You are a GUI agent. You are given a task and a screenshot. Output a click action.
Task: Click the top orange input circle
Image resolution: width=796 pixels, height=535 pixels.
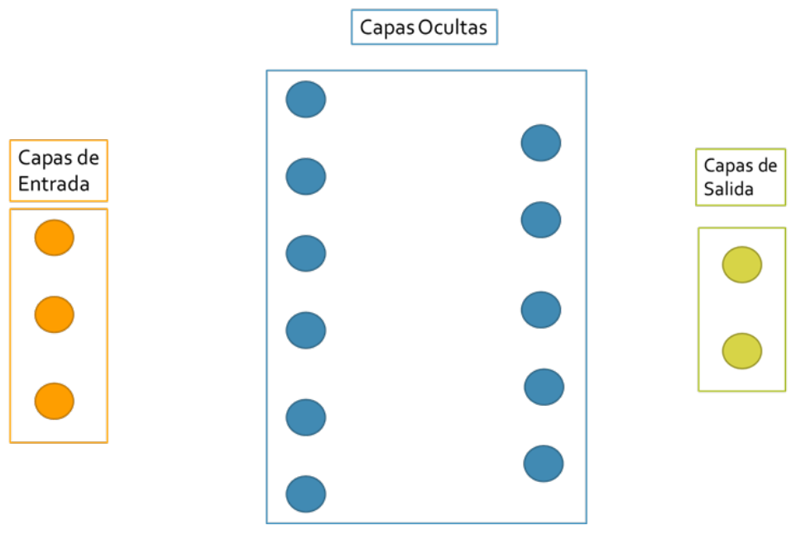(54, 238)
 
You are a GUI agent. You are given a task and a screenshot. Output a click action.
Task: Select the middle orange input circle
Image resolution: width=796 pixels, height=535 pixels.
(54, 315)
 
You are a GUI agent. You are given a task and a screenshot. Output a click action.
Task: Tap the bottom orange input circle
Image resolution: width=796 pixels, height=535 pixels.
(54, 401)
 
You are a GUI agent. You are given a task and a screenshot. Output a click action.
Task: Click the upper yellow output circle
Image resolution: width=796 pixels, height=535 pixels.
(741, 265)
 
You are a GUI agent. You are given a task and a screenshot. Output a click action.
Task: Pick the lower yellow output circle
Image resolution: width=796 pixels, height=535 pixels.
(741, 351)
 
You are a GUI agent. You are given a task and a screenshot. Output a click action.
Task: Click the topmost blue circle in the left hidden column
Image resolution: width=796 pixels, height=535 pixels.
(306, 99)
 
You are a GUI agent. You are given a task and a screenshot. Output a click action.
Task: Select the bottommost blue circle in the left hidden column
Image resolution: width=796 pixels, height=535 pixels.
(306, 494)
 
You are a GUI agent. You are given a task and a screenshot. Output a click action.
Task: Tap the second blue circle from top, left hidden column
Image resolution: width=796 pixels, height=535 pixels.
(306, 176)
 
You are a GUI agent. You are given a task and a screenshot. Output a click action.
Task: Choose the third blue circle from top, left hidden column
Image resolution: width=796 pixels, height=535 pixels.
(306, 253)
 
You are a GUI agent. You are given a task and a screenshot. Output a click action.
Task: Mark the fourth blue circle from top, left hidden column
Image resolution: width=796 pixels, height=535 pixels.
(306, 330)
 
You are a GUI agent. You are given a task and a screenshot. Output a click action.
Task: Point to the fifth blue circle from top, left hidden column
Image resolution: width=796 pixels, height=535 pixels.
(306, 417)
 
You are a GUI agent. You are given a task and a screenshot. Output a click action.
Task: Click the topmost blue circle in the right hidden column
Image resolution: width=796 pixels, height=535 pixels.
(541, 142)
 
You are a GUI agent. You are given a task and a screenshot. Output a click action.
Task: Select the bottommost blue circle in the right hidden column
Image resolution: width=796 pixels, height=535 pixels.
(544, 464)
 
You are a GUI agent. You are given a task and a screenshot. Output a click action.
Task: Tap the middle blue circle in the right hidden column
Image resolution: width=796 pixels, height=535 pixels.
(541, 310)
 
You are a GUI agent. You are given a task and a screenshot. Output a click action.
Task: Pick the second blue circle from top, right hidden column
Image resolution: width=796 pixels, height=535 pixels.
(541, 219)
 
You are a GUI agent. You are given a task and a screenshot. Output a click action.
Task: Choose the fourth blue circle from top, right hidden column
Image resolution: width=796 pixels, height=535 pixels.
(544, 387)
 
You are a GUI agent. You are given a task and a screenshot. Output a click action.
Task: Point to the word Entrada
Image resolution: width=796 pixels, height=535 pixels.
(54, 184)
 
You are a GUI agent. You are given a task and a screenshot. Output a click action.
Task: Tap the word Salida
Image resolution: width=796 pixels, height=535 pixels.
(728, 189)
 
